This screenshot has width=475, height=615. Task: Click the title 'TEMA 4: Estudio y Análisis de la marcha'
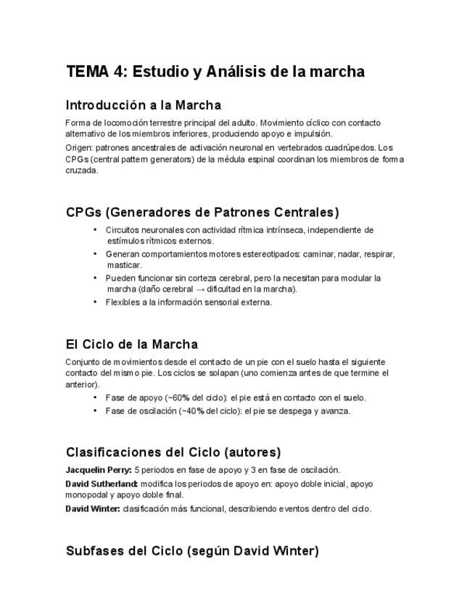point(215,72)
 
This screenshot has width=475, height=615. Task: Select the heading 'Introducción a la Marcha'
point(143,105)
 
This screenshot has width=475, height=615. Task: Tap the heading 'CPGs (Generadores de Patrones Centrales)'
point(202,212)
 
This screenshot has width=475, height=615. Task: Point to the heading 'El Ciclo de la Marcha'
point(131,344)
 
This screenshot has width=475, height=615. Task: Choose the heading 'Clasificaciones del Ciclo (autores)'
point(173,452)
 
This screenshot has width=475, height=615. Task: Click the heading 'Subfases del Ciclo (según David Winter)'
point(191,550)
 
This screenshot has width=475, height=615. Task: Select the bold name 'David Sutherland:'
point(102,484)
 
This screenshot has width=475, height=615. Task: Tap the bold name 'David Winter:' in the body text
point(92,508)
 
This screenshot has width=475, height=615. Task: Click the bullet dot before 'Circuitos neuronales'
point(96,230)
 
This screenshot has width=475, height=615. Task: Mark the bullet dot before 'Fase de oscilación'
point(96,410)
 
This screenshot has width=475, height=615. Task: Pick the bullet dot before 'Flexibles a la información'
point(96,302)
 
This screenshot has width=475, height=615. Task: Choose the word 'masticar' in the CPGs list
point(123,265)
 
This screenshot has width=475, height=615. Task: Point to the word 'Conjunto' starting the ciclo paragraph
point(82,361)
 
